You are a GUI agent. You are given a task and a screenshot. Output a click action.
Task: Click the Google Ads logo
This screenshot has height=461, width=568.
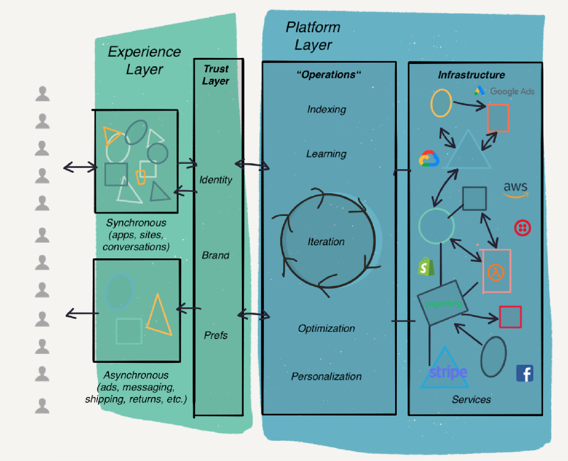click(505, 91)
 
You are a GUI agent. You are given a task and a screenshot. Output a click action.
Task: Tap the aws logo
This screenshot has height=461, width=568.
click(515, 189)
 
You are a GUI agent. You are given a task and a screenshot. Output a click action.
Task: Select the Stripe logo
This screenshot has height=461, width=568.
click(448, 372)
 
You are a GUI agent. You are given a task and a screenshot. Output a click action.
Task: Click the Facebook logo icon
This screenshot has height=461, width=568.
click(524, 374)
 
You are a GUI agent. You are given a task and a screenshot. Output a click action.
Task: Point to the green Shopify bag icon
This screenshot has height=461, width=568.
click(426, 267)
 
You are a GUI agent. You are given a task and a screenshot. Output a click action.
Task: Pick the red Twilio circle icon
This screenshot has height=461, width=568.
click(521, 227)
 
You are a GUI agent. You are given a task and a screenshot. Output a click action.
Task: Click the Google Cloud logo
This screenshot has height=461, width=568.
click(429, 158)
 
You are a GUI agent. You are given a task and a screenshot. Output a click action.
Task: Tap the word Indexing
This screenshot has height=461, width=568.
click(327, 109)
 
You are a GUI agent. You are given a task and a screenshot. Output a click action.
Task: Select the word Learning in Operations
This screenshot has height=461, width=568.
click(326, 154)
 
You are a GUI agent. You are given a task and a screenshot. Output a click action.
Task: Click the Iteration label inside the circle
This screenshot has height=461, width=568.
click(326, 242)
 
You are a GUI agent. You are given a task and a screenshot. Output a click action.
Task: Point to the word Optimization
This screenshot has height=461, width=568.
click(326, 328)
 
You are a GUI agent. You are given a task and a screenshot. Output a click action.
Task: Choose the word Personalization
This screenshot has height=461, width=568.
click(326, 377)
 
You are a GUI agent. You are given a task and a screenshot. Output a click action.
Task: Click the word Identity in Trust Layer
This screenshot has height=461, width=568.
click(215, 179)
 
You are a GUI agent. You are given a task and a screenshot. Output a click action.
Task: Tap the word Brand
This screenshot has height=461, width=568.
click(215, 255)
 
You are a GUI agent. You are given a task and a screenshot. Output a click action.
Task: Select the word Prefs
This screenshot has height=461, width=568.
click(215, 335)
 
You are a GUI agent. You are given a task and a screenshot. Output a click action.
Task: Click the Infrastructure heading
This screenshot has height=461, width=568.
click(471, 75)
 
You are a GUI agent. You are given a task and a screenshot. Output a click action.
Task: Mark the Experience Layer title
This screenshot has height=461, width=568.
click(144, 60)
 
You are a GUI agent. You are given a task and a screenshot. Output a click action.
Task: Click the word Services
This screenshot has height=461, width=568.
click(472, 399)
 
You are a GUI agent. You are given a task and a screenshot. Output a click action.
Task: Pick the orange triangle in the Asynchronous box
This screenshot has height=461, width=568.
click(158, 314)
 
